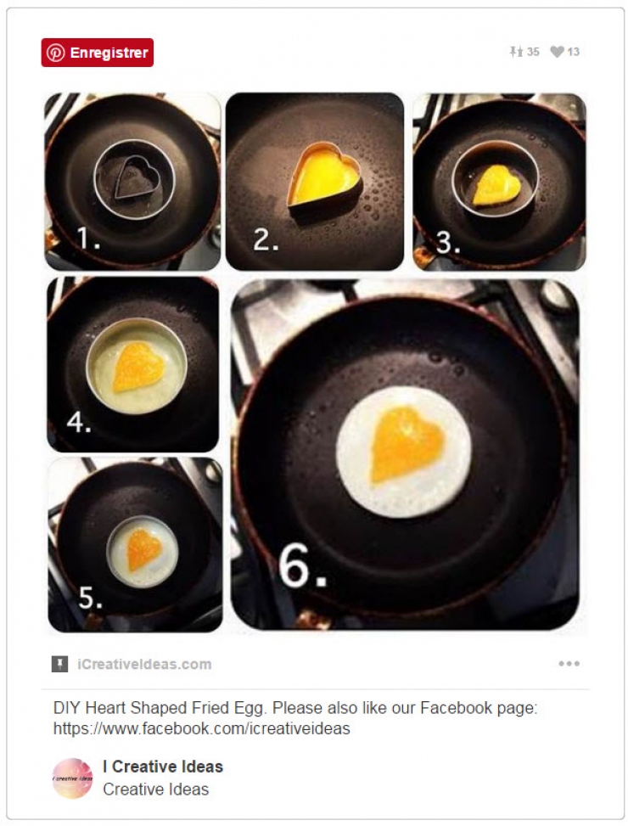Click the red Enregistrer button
pos(97,53)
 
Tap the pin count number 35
pos(533,52)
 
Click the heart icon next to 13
pos(557,52)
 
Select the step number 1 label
pos(89,239)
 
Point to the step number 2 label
pos(266,240)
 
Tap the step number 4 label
pos(79,422)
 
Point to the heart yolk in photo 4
pos(139,367)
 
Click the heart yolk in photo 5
pos(143,549)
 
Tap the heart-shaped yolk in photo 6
pos(406,443)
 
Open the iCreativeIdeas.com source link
pos(144,664)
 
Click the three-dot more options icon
pos(569,664)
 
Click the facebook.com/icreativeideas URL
pos(201,728)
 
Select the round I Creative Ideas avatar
pos(72,778)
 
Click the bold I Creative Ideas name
pos(163,767)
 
